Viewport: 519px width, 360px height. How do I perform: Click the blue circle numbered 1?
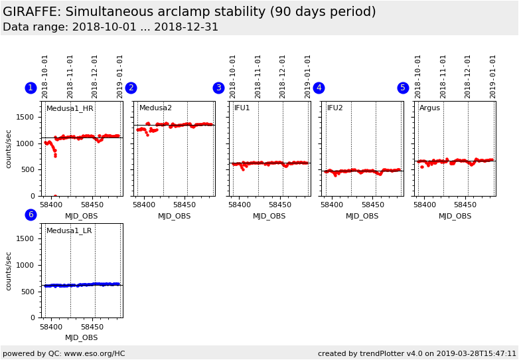point(31,88)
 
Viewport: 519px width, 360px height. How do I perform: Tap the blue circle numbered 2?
point(131,88)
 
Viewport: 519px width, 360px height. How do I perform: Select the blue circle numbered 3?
point(218,88)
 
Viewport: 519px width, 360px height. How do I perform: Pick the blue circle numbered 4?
point(319,88)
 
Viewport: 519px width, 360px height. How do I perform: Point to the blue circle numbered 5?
point(403,88)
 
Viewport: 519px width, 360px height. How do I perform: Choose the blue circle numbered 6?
point(31,215)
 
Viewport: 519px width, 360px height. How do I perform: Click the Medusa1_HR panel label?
point(70,108)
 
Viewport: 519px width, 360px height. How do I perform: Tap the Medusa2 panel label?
point(155,108)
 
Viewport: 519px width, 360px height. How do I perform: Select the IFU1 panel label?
point(242,108)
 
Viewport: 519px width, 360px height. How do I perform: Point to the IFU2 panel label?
point(335,108)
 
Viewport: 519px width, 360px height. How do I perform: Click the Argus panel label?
point(429,108)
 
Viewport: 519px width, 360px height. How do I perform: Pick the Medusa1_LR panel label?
point(69,230)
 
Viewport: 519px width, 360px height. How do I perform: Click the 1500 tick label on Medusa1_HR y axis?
point(25,117)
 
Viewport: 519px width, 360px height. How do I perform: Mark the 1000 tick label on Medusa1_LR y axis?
point(25,265)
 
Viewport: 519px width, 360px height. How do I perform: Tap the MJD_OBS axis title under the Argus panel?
point(455,216)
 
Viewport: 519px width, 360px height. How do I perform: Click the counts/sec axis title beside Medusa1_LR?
point(9,270)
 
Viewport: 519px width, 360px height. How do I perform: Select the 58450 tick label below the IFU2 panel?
point(374,205)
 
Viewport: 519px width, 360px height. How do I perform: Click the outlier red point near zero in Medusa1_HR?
point(55,196)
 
